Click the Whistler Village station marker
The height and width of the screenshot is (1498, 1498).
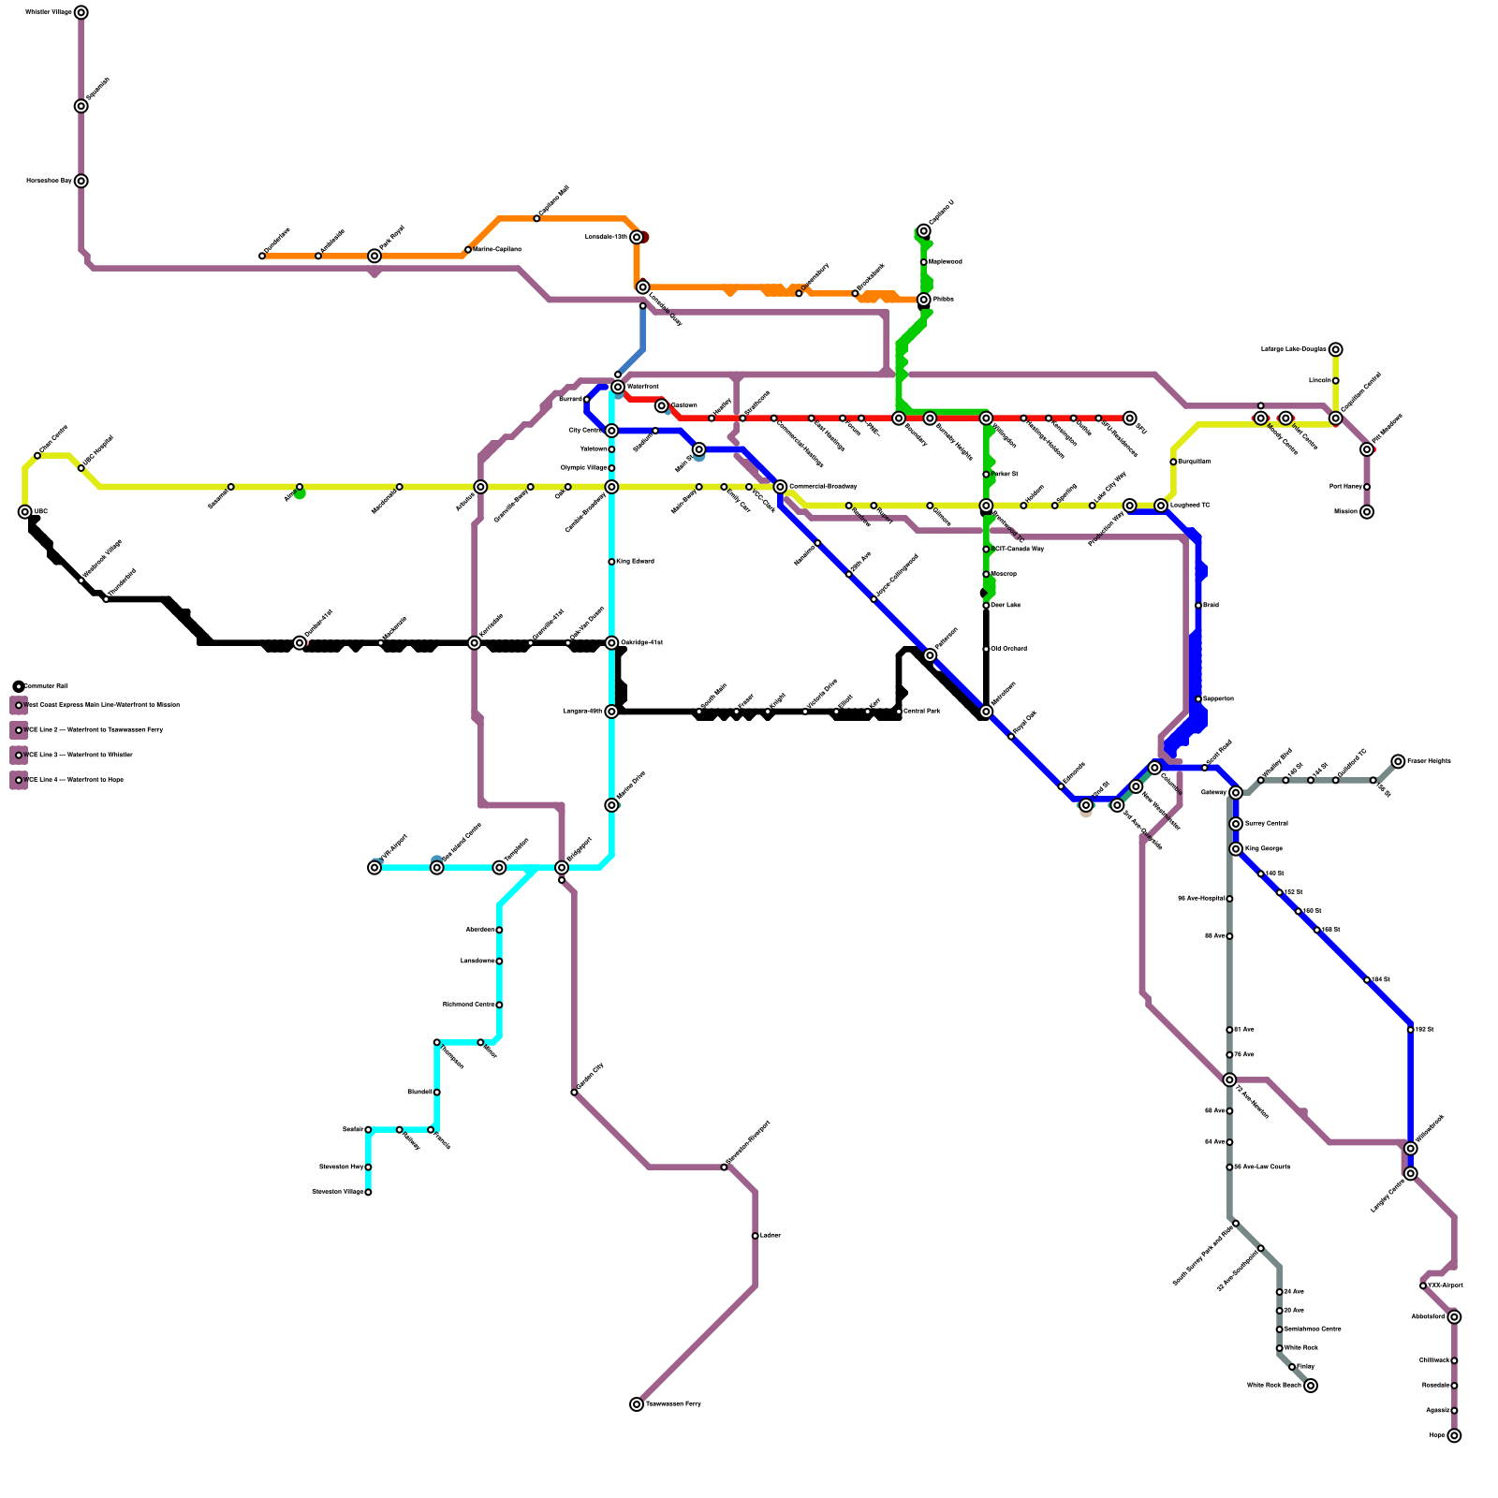81,12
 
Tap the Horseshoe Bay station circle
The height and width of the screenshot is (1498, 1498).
81,181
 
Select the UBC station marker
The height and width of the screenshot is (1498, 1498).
25,512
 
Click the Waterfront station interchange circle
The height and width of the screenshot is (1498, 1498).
618,387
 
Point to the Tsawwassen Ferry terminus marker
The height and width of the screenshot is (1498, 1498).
637,1404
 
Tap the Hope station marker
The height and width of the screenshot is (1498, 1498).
1454,1435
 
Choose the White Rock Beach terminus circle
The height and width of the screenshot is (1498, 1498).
1311,1386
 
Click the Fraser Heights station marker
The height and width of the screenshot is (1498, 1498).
1398,761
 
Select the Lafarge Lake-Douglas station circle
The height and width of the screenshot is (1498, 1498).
1336,349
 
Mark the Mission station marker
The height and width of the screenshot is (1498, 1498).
1367,512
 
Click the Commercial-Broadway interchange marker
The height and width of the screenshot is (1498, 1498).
780,487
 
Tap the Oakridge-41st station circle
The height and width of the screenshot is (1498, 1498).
611,643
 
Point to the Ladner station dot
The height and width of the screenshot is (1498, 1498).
755,1236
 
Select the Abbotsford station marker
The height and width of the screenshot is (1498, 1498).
1454,1317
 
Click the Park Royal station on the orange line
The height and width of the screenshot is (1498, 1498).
374,256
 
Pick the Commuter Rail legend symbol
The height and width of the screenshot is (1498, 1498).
19,686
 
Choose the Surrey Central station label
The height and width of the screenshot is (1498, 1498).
1266,824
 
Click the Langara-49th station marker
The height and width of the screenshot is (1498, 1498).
611,712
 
